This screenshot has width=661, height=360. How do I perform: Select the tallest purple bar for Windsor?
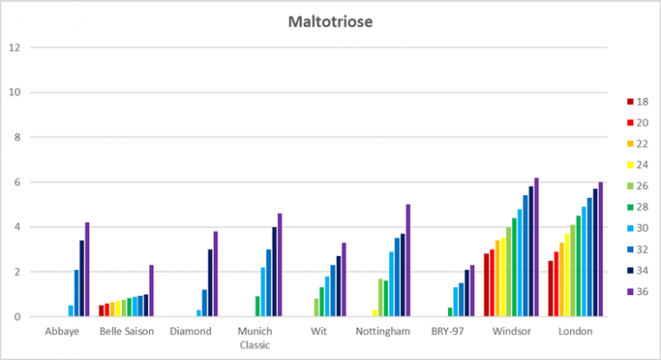pos(536,247)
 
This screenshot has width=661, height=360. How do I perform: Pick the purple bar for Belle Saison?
pos(151,290)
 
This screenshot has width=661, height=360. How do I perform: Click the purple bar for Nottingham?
pos(408,260)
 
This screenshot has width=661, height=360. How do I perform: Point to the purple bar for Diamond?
pos(216,274)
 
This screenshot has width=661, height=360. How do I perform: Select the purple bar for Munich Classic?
pos(280,265)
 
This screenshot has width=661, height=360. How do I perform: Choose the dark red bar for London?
pos(551,288)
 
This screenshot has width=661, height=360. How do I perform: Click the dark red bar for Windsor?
pos(486,284)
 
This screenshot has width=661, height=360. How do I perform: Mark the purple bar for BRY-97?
pos(472,290)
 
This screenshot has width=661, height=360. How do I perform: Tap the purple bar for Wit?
pos(344,279)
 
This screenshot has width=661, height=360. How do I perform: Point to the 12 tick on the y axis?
pos(12,47)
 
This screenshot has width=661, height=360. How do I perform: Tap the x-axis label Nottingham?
pos(382,331)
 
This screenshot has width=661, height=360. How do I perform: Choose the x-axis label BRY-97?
pos(446,331)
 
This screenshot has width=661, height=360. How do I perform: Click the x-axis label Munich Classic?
pos(254,338)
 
